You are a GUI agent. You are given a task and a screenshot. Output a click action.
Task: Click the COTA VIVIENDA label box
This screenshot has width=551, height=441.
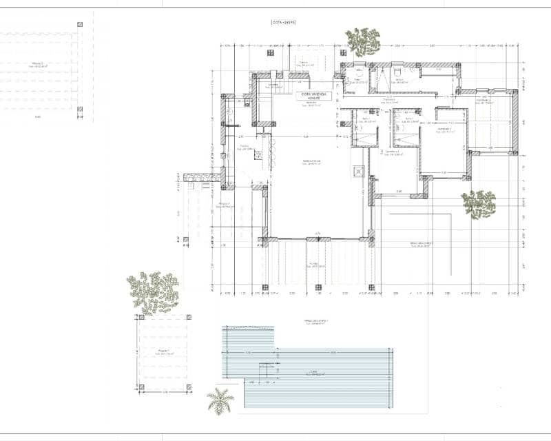[315, 96]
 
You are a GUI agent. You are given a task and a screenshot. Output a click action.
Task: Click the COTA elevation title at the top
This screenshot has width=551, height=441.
[283, 23]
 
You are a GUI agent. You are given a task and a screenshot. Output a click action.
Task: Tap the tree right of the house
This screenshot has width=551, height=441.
[479, 204]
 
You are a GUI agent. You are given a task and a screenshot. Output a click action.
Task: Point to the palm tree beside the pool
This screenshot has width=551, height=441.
[220, 401]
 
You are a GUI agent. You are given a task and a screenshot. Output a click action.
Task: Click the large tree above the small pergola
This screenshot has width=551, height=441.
[153, 291]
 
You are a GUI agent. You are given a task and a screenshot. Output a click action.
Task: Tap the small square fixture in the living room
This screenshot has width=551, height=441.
[357, 172]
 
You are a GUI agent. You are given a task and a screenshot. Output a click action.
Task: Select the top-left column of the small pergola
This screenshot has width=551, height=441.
[141, 318]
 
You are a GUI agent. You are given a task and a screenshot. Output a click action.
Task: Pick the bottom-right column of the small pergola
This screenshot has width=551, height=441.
[188, 387]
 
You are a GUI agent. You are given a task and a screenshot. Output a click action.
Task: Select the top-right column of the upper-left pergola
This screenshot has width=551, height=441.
[80, 25]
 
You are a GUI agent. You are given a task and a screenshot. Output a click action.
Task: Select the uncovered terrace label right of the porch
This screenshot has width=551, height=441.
[420, 245]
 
